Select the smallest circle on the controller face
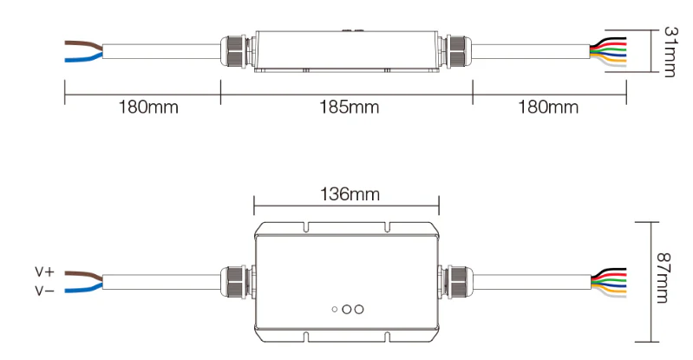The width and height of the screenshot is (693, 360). pyautogui.click(x=335, y=309)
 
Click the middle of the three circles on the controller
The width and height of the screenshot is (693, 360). pyautogui.click(x=346, y=309)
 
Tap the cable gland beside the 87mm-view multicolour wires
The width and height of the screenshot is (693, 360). pyautogui.click(x=458, y=280)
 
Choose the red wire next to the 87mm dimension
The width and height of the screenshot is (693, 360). pyautogui.click(x=609, y=272)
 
